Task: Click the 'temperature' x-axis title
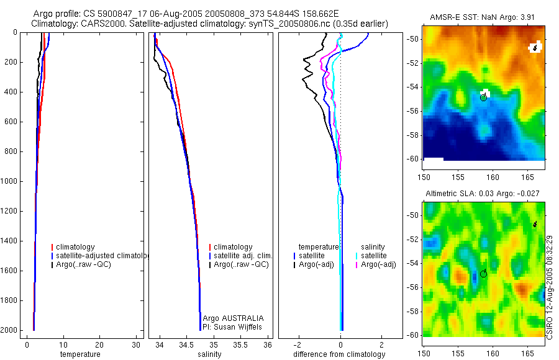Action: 80,354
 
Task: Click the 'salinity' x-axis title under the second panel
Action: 209,354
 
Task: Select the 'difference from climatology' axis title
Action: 339,354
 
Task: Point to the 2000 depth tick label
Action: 10,330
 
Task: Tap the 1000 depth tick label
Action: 10,181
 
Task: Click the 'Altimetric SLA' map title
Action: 484,195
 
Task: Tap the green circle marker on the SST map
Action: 483,97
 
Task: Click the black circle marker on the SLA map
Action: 483,274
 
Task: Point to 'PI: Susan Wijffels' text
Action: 234,326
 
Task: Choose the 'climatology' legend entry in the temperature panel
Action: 75,247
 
